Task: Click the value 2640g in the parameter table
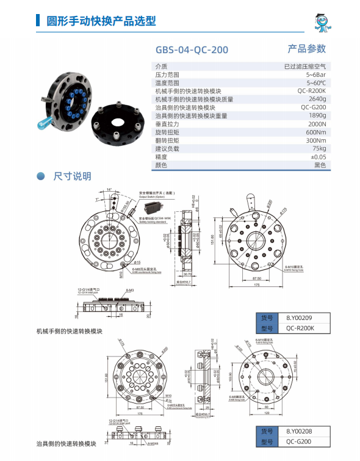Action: click(x=317, y=99)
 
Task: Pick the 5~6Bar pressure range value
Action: click(x=316, y=74)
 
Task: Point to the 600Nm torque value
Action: click(x=316, y=132)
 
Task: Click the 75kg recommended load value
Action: click(x=319, y=148)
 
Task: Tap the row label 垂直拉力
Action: click(x=168, y=124)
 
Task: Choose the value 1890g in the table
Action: click(x=317, y=115)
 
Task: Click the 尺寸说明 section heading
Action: click(x=73, y=176)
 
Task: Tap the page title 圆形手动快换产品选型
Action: click(x=101, y=21)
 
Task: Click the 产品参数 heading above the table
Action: click(x=306, y=49)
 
